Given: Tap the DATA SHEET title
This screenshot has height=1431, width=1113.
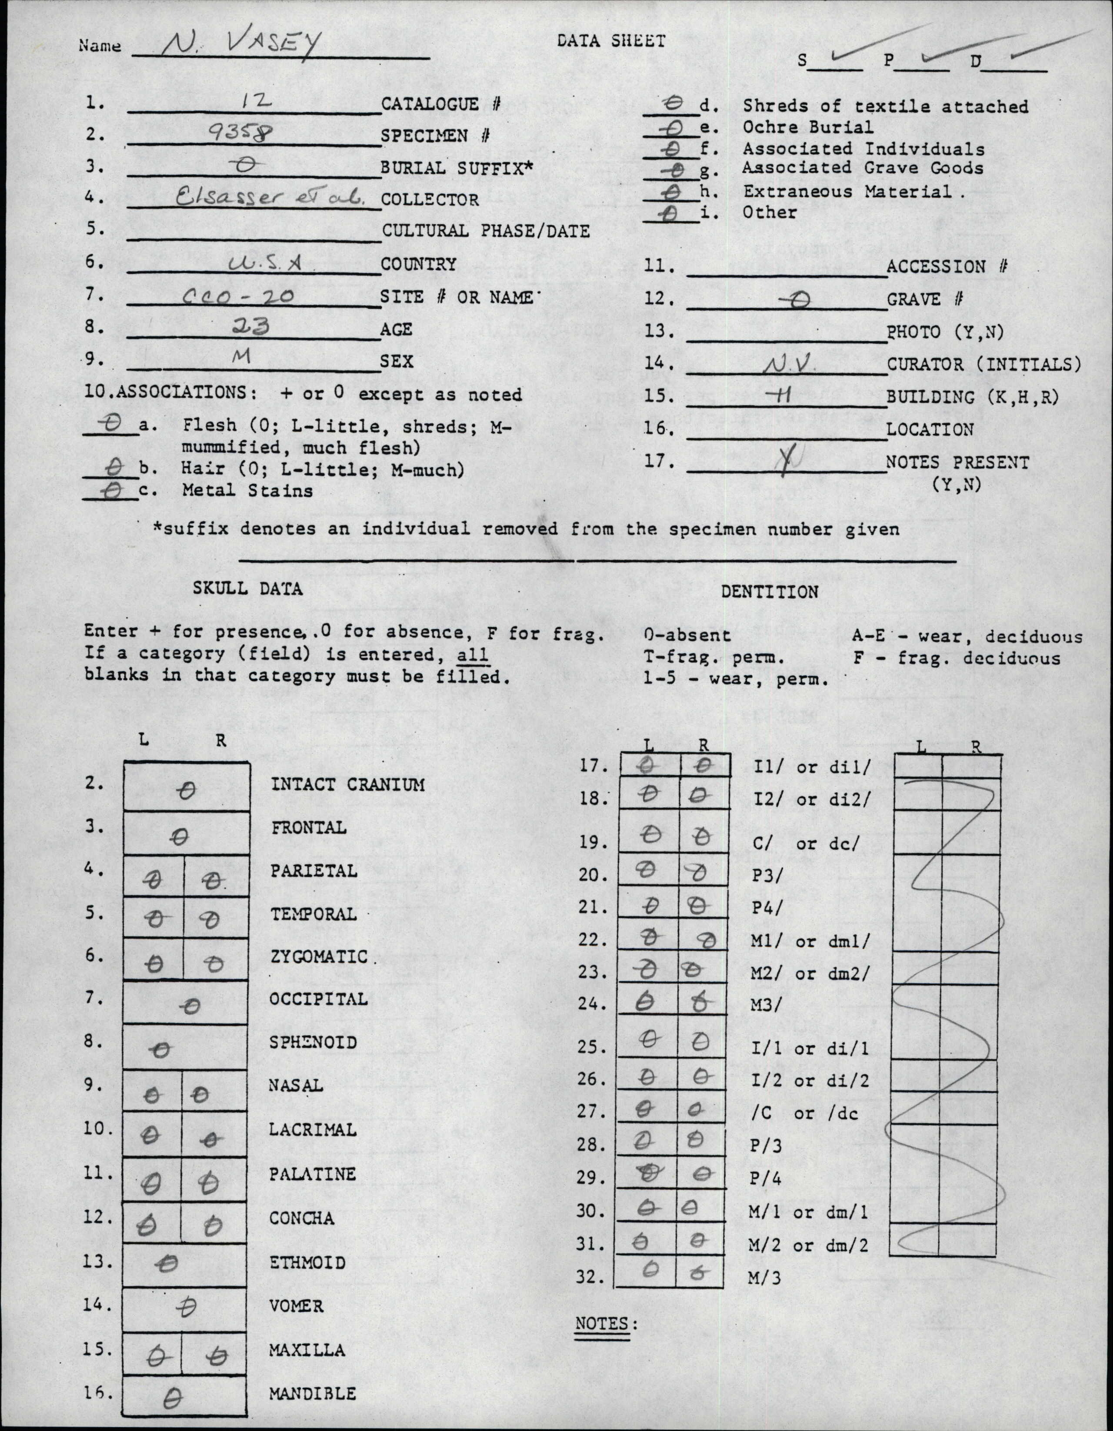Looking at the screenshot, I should click(x=610, y=40).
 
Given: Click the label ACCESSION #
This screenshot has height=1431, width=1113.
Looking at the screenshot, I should click(x=946, y=267).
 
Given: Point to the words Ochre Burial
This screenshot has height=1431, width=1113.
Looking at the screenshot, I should click(x=807, y=127).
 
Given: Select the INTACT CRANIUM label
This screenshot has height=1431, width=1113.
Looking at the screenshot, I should click(x=347, y=784).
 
